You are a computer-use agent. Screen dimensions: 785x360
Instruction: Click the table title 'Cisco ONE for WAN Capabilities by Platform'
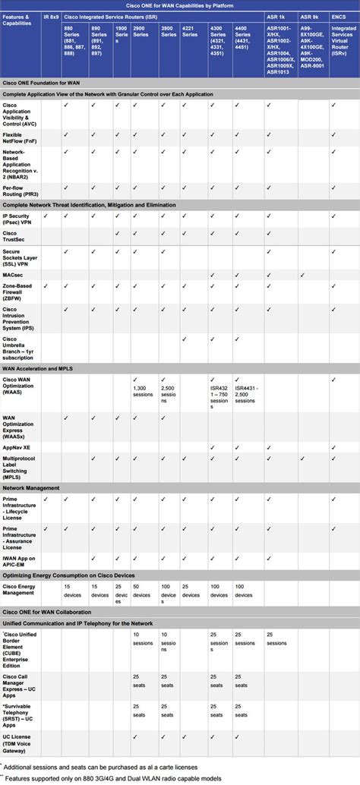[x=179, y=5]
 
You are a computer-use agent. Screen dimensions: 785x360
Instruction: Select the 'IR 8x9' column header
[x=52, y=15]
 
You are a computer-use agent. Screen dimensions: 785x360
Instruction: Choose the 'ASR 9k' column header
[x=309, y=15]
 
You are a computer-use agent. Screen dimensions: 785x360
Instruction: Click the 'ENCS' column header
[x=338, y=15]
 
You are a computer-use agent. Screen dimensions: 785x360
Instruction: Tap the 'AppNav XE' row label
[x=18, y=448]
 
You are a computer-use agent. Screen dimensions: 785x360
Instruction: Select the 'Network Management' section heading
[x=32, y=487]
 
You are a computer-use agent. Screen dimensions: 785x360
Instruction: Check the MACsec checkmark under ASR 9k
[x=303, y=276]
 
